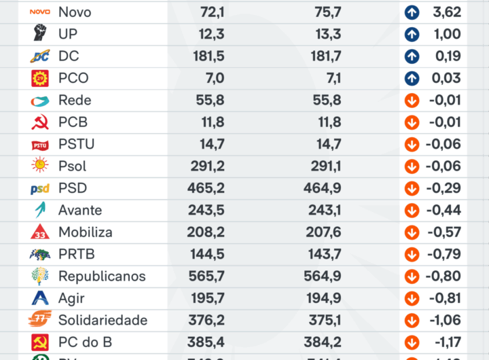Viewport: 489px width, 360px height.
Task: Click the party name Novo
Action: [x=75, y=12]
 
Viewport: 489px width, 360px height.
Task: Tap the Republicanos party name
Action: [x=102, y=276]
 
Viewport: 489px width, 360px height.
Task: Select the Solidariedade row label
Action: [x=103, y=321]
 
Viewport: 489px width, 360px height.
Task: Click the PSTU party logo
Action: [x=40, y=145]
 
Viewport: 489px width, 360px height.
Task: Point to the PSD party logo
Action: [x=40, y=189]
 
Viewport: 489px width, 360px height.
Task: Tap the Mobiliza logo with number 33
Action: [x=40, y=232]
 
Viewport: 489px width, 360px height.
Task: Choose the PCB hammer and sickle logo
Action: [x=40, y=123]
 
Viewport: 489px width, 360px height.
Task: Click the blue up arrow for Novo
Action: [x=412, y=12]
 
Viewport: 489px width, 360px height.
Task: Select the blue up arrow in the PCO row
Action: [x=412, y=78]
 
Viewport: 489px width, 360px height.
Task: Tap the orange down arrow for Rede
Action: [x=412, y=101]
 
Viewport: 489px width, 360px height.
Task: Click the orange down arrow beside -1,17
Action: [x=412, y=342]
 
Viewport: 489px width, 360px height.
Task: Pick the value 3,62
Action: [x=446, y=12]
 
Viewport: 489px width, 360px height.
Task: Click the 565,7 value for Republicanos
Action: [x=206, y=276]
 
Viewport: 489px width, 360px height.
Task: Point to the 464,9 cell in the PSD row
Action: [x=323, y=188]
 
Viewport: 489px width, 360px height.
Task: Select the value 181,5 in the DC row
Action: [x=206, y=56]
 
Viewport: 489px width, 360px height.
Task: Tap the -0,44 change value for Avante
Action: [x=443, y=211]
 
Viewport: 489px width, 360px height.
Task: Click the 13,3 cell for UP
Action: [x=328, y=34]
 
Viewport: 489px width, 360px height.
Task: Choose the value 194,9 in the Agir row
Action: [x=323, y=298]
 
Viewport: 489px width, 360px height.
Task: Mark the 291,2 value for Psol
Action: [x=206, y=166]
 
